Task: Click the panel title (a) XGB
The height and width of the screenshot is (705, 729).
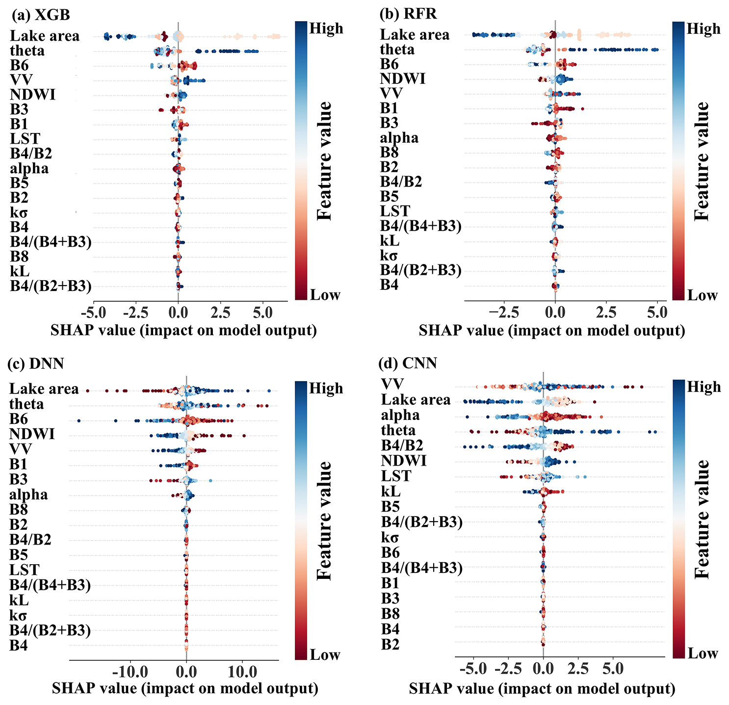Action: coord(41,14)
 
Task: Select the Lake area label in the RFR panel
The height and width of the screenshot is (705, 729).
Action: coord(415,35)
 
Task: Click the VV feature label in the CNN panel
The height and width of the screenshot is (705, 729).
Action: coord(392,384)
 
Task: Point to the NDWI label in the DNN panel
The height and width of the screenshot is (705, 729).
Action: coord(32,434)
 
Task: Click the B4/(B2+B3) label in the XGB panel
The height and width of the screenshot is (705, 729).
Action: coord(51,286)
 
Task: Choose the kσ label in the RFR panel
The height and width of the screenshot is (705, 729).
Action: coord(389,256)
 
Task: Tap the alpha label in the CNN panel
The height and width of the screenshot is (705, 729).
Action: coord(400,415)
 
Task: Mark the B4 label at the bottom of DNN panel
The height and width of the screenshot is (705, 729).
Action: coord(19,646)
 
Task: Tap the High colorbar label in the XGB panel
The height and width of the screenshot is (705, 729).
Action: coord(326,29)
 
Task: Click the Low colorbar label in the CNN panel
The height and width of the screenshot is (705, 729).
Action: coord(703,653)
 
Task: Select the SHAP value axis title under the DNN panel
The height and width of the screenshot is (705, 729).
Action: coord(185,688)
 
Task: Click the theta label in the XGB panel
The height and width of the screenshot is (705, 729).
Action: coord(27,51)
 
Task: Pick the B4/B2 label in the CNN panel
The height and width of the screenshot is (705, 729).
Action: coord(402,445)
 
